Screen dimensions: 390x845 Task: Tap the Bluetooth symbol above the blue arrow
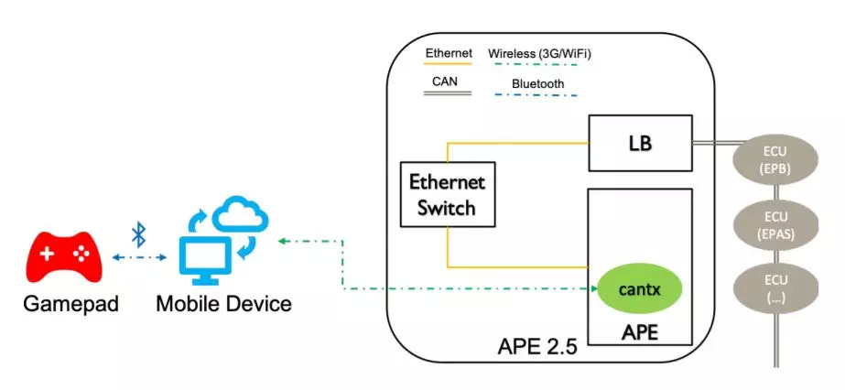tap(139, 234)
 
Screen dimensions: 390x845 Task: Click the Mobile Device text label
tap(223, 304)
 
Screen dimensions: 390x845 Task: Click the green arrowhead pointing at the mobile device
tap(283, 241)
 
